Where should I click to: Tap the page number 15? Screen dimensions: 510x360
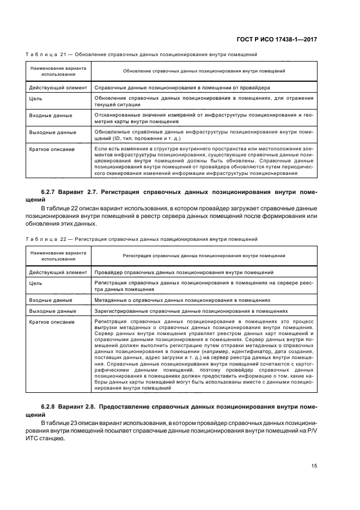(x=314, y=465)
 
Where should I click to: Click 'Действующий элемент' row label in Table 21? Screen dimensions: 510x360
(x=57, y=87)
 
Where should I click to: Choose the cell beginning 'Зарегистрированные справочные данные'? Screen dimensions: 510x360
(x=191, y=311)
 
